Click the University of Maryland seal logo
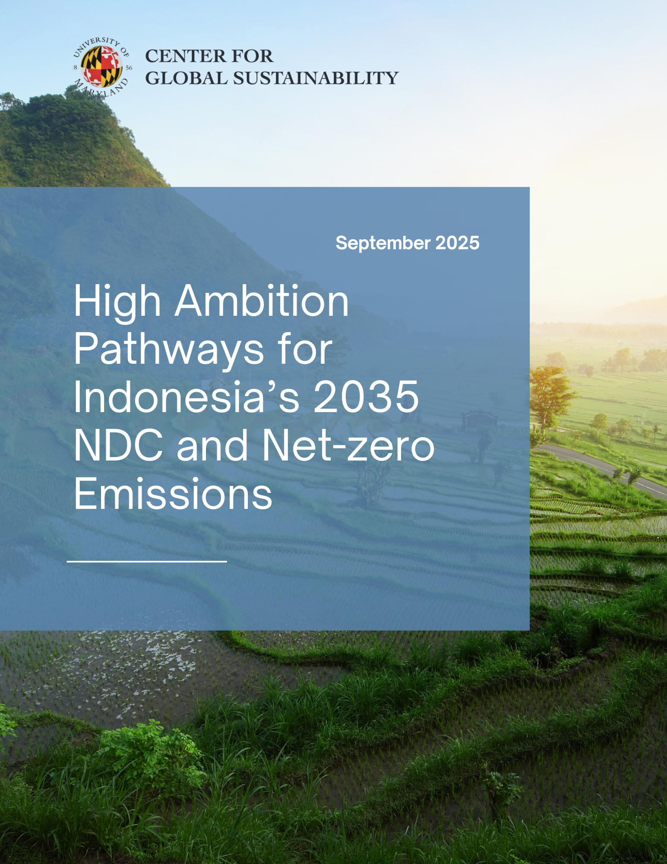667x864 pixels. [x=102, y=67]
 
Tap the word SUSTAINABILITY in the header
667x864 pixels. [x=316, y=78]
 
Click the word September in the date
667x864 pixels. [x=383, y=244]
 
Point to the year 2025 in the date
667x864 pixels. [x=457, y=243]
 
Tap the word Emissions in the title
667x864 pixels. [x=173, y=493]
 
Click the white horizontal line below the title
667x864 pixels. [x=147, y=562]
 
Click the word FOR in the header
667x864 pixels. [x=253, y=56]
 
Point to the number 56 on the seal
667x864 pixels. [x=129, y=68]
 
